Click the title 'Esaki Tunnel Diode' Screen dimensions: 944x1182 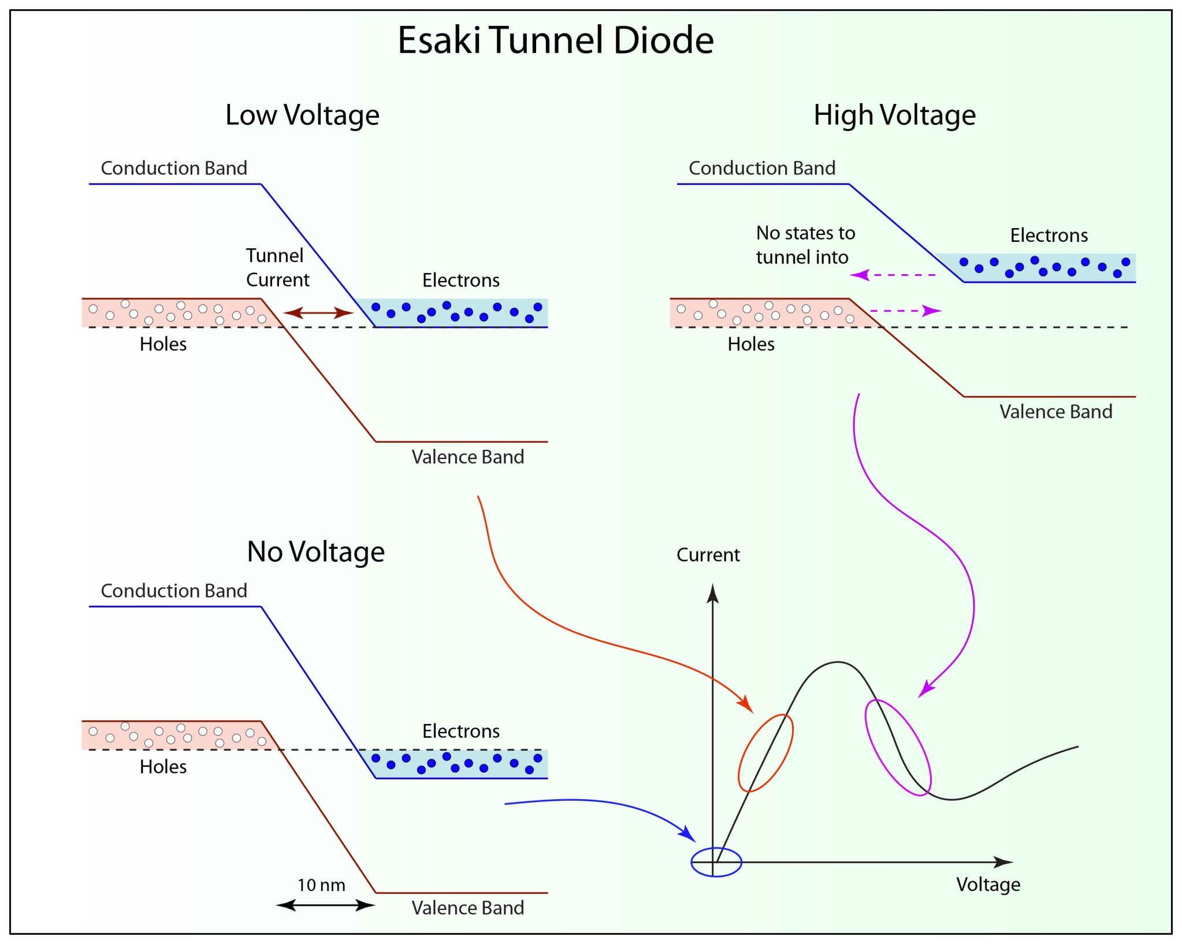[x=555, y=40]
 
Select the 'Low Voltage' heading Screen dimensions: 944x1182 [x=302, y=115]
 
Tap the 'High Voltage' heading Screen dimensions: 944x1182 [x=894, y=115]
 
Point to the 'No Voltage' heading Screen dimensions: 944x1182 [x=315, y=551]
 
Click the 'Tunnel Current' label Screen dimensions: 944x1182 [x=277, y=267]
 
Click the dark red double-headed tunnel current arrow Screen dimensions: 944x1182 [x=318, y=313]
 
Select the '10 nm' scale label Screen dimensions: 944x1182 [x=321, y=885]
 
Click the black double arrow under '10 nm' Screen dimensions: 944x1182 [x=325, y=905]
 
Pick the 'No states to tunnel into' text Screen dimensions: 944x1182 [x=805, y=245]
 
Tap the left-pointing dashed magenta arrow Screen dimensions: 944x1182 [x=893, y=275]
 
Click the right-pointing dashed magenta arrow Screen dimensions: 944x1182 [x=905, y=311]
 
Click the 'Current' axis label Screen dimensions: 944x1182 [x=708, y=555]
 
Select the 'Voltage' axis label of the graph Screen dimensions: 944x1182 [x=988, y=885]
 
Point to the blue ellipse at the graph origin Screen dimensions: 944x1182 [x=716, y=863]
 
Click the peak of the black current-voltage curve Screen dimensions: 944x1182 [x=838, y=662]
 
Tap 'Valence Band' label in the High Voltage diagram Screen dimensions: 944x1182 [x=1055, y=412]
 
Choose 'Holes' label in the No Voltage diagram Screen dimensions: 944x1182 [x=163, y=767]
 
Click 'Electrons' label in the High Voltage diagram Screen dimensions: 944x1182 [x=1049, y=236]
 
